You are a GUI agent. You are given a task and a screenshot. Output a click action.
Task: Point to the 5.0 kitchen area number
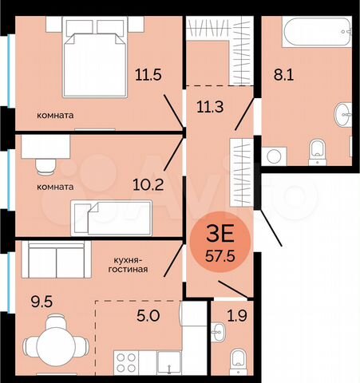[x=148, y=316]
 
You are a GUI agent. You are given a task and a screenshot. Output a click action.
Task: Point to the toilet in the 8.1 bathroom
[x=317, y=148]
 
